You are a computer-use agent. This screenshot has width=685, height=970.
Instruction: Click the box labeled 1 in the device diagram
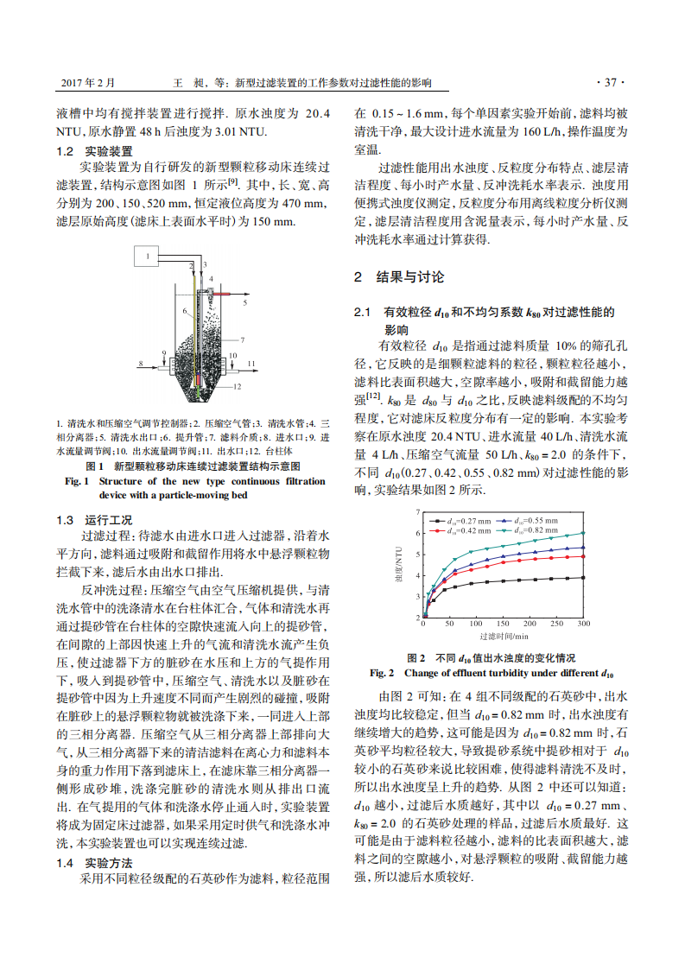148,256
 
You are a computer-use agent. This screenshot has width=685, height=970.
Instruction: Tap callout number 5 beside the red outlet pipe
244,304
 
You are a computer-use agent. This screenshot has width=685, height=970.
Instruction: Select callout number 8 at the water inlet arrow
139,365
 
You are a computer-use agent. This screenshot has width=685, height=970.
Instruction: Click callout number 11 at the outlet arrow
251,365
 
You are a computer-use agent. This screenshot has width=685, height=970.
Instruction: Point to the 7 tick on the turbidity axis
417,512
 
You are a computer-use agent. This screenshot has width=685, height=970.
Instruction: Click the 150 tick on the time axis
503,623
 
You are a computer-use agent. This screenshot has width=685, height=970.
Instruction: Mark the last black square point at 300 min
583,578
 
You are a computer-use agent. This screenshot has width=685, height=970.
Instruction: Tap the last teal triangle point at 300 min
583,533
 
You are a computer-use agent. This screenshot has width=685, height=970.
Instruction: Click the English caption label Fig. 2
382,672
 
